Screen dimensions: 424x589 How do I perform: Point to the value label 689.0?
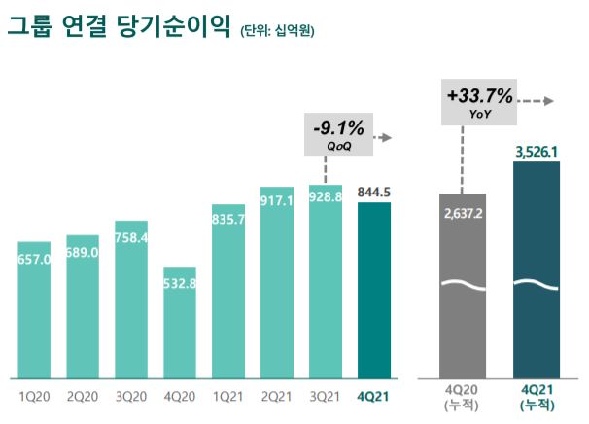pyautogui.click(x=83, y=253)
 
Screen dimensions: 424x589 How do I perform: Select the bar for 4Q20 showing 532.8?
pyautogui.click(x=180, y=326)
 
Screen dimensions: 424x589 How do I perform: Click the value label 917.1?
pyautogui.click(x=277, y=201)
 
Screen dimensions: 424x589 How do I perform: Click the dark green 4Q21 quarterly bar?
pyautogui.click(x=374, y=292)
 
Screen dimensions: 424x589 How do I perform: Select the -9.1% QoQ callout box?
pyautogui.click(x=338, y=134)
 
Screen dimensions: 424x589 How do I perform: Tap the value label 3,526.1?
pyautogui.click(x=536, y=152)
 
